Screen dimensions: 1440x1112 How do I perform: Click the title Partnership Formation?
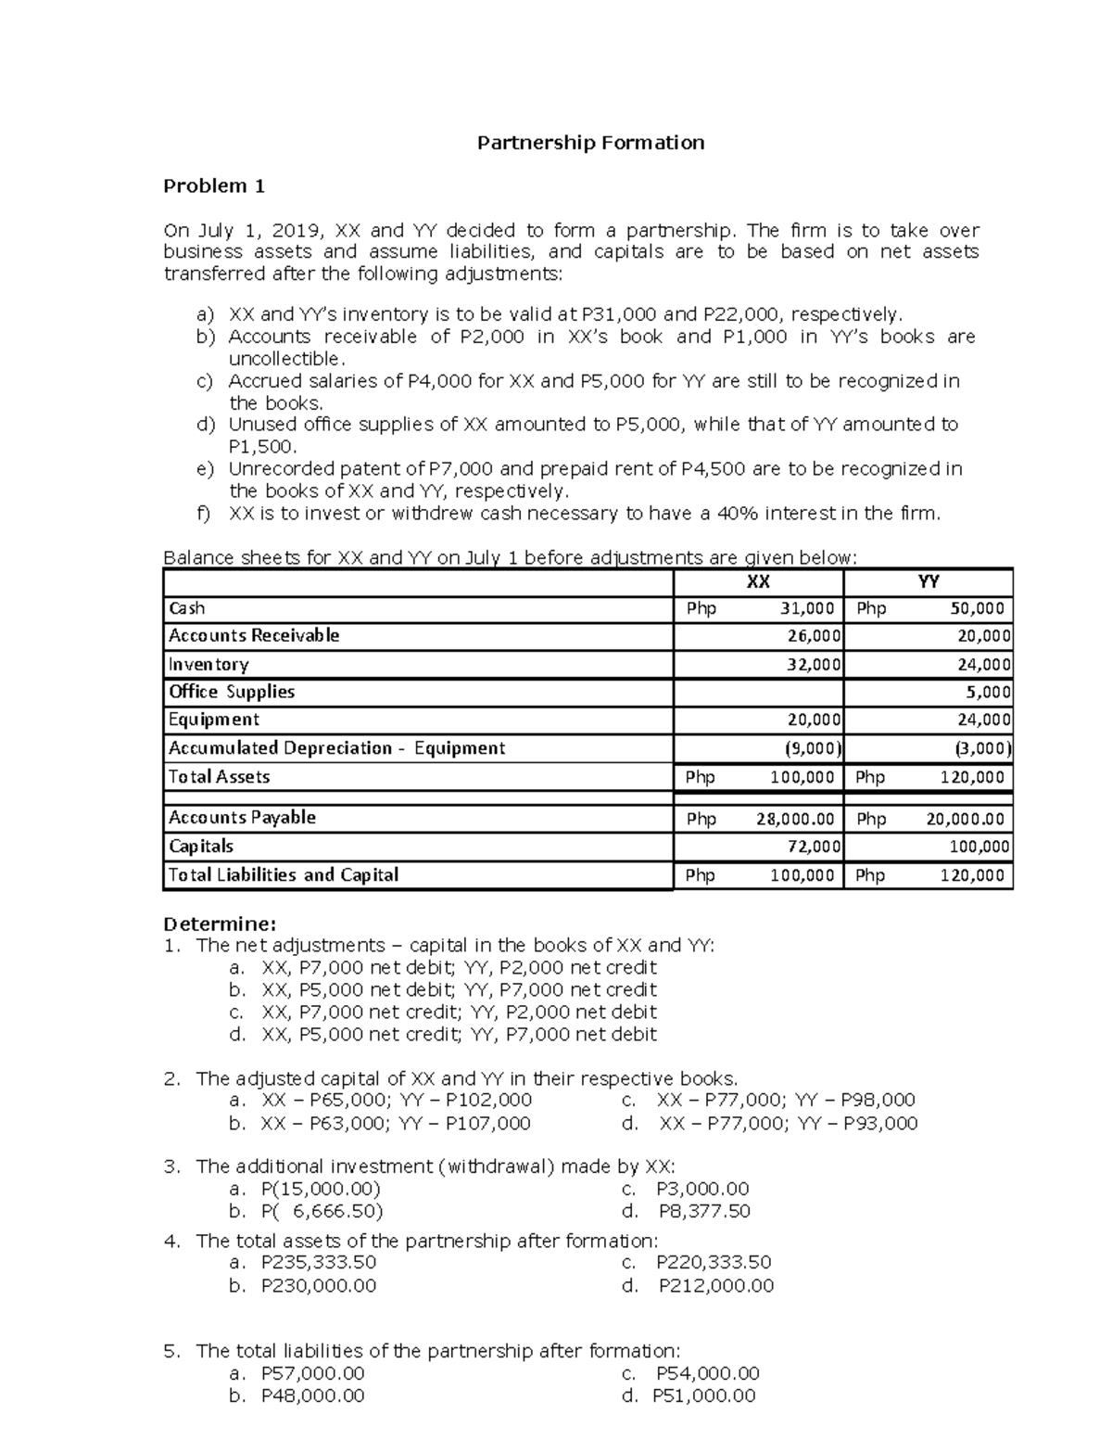[x=590, y=143]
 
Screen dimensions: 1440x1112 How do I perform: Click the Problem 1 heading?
[x=214, y=186]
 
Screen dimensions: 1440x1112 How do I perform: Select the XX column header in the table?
[x=758, y=581]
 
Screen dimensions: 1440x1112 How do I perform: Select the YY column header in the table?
[x=928, y=581]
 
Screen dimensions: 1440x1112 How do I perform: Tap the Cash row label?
[x=186, y=609]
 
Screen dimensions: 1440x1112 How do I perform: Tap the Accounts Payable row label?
[x=242, y=818]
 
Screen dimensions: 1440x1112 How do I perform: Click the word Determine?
[x=220, y=924]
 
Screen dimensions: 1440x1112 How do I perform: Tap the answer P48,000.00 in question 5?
[x=313, y=1396]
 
